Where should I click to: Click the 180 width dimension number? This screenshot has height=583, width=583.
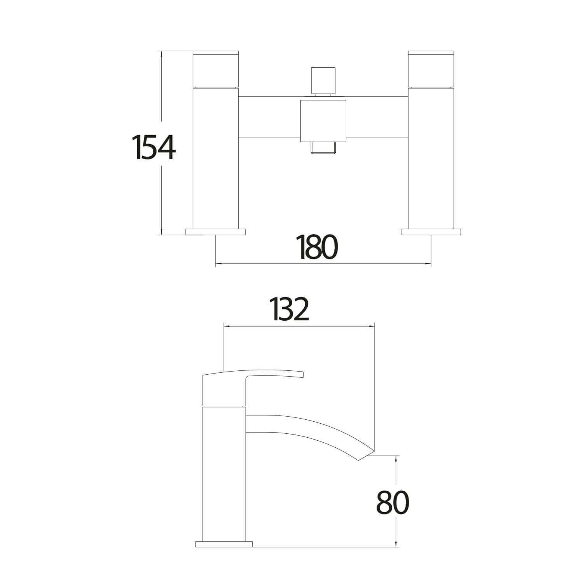(317, 247)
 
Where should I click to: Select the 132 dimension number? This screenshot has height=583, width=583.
(291, 309)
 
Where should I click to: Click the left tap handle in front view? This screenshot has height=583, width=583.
(216, 68)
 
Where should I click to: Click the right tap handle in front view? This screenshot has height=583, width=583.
(431, 68)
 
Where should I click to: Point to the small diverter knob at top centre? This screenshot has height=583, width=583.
(323, 80)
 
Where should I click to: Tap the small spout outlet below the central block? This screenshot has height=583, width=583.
(323, 148)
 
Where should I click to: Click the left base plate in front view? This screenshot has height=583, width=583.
(216, 232)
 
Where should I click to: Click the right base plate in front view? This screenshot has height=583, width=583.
(431, 232)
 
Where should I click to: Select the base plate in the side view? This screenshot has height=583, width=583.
(223, 544)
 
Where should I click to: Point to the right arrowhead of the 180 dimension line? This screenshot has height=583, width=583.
(429, 264)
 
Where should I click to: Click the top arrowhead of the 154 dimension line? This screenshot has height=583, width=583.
(161, 53)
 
